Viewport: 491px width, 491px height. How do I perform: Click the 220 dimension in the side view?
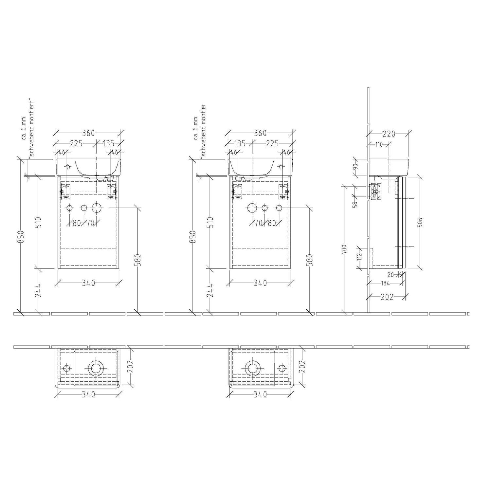click(x=389, y=134)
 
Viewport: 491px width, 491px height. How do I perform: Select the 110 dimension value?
click(x=379, y=145)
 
